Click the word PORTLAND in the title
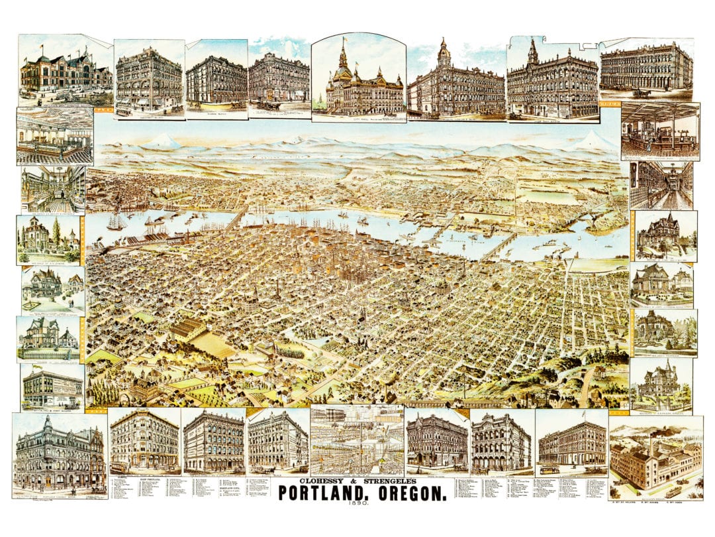[x=320, y=493]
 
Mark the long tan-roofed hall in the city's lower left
[x=189, y=329]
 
